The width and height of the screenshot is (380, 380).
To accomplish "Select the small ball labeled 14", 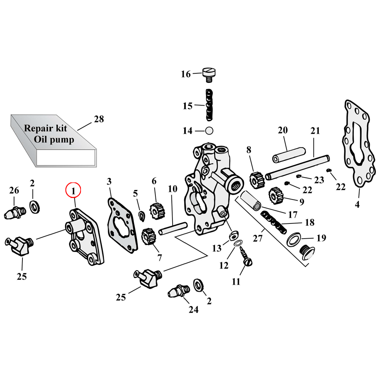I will (x=208, y=131).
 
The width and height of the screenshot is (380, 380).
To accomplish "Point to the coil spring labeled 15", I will (x=209, y=104).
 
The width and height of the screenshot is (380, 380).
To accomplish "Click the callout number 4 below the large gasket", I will (x=357, y=205).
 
